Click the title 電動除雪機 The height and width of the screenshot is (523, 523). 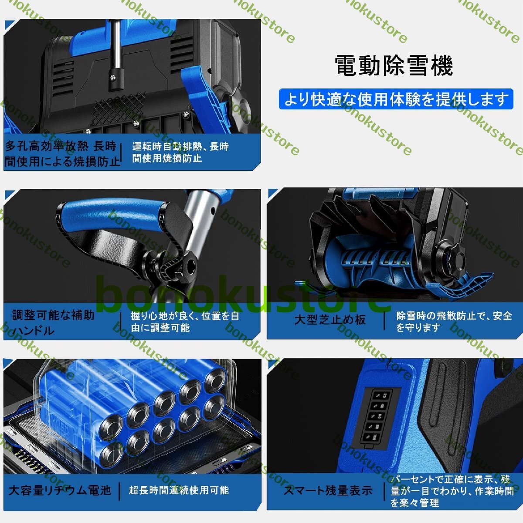pos(394,66)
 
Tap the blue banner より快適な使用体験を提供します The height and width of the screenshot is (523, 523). pos(396,99)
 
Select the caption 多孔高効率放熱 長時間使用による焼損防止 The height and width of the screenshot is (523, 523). pos(62,154)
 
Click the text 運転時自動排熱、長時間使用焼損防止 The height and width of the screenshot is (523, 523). pos(180,152)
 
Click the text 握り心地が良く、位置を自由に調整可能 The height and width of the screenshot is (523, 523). pos(184,322)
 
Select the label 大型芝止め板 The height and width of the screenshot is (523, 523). pos(330,319)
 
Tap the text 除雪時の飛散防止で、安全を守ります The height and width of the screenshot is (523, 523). pos(454,321)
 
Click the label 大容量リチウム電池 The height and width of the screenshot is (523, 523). pos(60,490)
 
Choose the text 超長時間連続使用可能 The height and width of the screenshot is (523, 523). pos(179,490)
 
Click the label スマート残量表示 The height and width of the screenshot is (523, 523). pos(328,491)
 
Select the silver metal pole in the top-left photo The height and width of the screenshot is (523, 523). pos(116,44)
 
